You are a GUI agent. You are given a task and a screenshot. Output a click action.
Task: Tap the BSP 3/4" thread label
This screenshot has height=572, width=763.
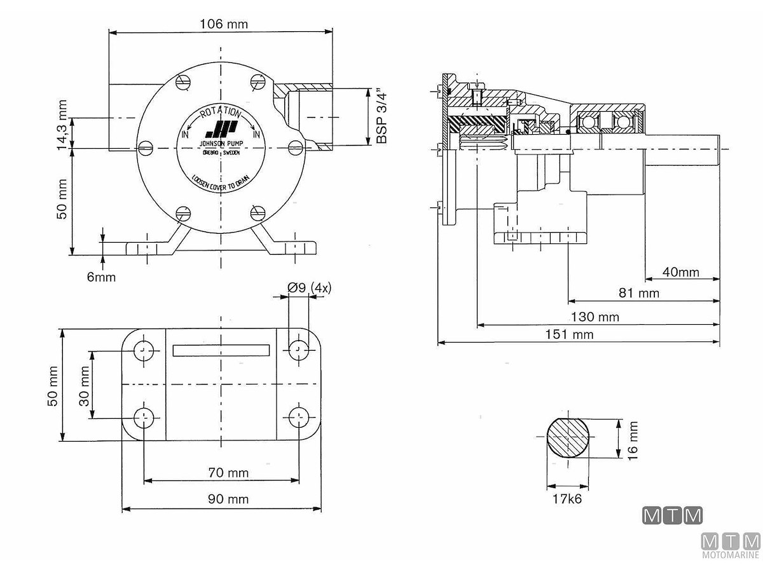coord(381,116)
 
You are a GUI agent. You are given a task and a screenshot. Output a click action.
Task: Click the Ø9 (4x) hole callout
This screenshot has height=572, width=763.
coord(309,288)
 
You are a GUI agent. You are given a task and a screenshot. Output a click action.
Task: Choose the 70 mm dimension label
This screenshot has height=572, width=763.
coord(228,473)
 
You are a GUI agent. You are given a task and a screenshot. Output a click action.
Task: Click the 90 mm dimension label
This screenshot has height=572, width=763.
coord(228,499)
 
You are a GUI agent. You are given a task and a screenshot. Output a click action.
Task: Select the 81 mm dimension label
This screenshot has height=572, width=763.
coord(638,293)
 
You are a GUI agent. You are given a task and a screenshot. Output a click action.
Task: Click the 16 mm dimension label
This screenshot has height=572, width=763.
coord(632,437)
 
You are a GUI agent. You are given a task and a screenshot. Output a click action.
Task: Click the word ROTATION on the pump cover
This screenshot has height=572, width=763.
coord(220,112)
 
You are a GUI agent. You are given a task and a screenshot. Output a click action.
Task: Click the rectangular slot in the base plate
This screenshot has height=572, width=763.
coord(221,350)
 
